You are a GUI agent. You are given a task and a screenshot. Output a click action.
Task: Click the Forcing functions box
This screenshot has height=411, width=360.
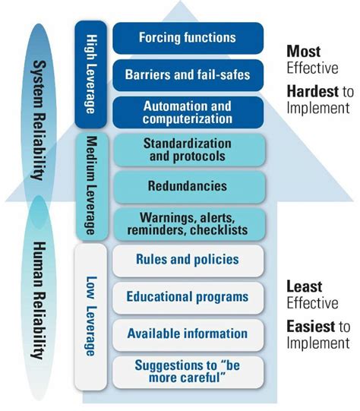(x=188, y=38)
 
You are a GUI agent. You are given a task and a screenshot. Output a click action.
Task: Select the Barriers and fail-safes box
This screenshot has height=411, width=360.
(x=188, y=75)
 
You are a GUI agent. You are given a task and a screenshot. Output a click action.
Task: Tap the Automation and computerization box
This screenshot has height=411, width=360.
(x=188, y=112)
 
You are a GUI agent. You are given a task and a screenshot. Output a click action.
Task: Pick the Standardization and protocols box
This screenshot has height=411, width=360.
(x=189, y=150)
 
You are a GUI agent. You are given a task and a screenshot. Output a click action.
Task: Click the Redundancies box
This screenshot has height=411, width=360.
(x=189, y=187)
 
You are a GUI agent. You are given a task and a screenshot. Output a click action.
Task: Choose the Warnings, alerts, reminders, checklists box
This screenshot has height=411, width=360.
(x=189, y=224)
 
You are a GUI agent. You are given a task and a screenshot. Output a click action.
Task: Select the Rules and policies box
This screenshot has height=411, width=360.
(x=188, y=261)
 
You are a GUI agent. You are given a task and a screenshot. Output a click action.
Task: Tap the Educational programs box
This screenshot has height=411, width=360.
(x=188, y=298)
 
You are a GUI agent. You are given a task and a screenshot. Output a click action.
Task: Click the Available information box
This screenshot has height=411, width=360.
(x=188, y=335)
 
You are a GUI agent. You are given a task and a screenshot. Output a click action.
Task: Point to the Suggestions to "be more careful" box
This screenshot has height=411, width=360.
(x=188, y=372)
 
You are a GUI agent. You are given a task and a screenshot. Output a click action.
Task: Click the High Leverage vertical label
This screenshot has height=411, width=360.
(x=91, y=74)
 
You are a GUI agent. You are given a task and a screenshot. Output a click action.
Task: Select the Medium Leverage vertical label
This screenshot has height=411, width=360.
(x=91, y=185)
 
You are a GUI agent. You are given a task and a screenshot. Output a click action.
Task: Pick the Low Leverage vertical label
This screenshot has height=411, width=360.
(x=91, y=316)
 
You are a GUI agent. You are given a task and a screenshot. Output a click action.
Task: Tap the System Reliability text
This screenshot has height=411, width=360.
(x=39, y=120)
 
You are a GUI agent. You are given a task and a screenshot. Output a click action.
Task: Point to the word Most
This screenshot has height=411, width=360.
(x=303, y=52)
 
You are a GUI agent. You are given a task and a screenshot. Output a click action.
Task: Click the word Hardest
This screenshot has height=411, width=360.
(x=313, y=91)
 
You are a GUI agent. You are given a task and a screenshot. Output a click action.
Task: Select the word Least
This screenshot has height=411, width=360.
(x=305, y=286)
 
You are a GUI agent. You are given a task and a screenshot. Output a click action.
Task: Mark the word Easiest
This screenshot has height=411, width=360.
(x=311, y=327)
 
